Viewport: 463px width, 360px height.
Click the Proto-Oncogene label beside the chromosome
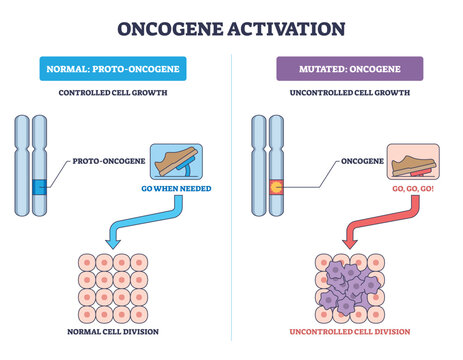coord(107,159)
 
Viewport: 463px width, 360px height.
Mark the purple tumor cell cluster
coord(347,285)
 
